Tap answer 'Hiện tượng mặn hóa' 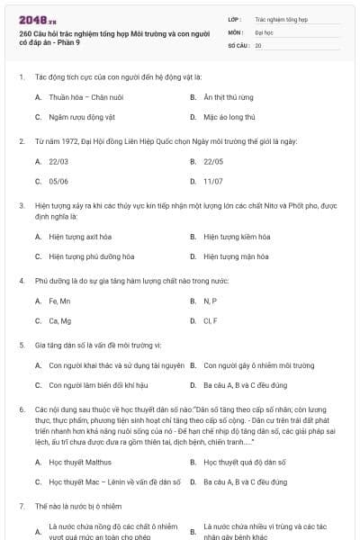tap(236, 256)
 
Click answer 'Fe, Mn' tap(59, 300)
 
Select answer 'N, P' tap(211, 300)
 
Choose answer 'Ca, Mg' tap(59, 320)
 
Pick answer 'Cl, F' tap(211, 320)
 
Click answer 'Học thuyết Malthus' tap(82, 462)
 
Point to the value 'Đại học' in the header tap(264, 31)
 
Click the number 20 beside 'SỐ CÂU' tap(258, 44)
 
